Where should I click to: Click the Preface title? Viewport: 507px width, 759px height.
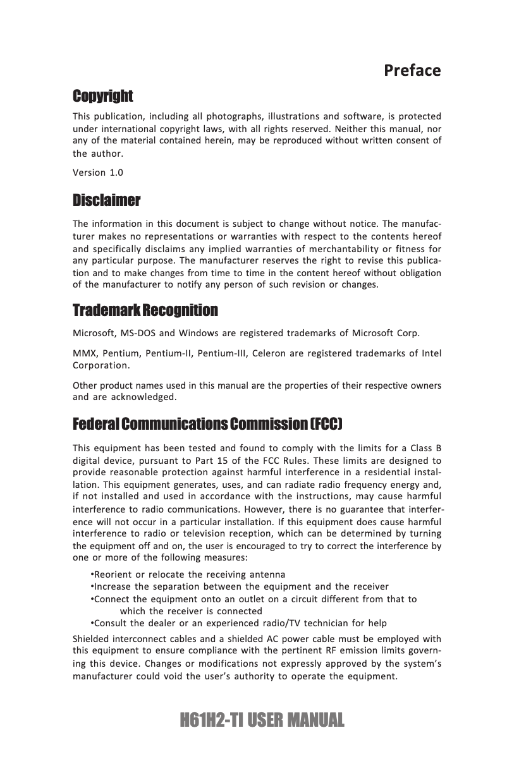point(412,70)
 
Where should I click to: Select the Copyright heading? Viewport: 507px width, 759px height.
point(103,97)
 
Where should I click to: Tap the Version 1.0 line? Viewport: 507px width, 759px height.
point(98,173)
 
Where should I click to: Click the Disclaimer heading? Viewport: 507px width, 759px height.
point(107,201)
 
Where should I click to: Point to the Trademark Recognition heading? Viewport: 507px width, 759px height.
point(145,311)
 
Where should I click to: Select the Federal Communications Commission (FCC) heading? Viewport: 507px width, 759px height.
point(209,422)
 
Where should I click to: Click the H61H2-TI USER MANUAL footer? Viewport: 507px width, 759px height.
point(262,720)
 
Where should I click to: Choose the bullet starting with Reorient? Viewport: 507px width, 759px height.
point(188,574)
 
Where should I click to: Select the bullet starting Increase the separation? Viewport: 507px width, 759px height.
point(240,586)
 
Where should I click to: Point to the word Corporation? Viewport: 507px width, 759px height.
point(102,365)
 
